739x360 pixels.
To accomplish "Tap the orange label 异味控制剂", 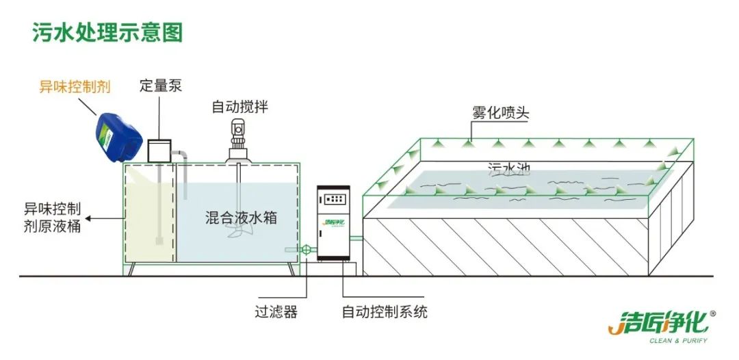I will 74,87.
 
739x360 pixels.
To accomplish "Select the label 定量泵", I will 161,86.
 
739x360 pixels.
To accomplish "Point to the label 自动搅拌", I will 239,106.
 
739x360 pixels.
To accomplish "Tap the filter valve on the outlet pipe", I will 307,250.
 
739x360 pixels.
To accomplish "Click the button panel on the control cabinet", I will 334,199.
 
